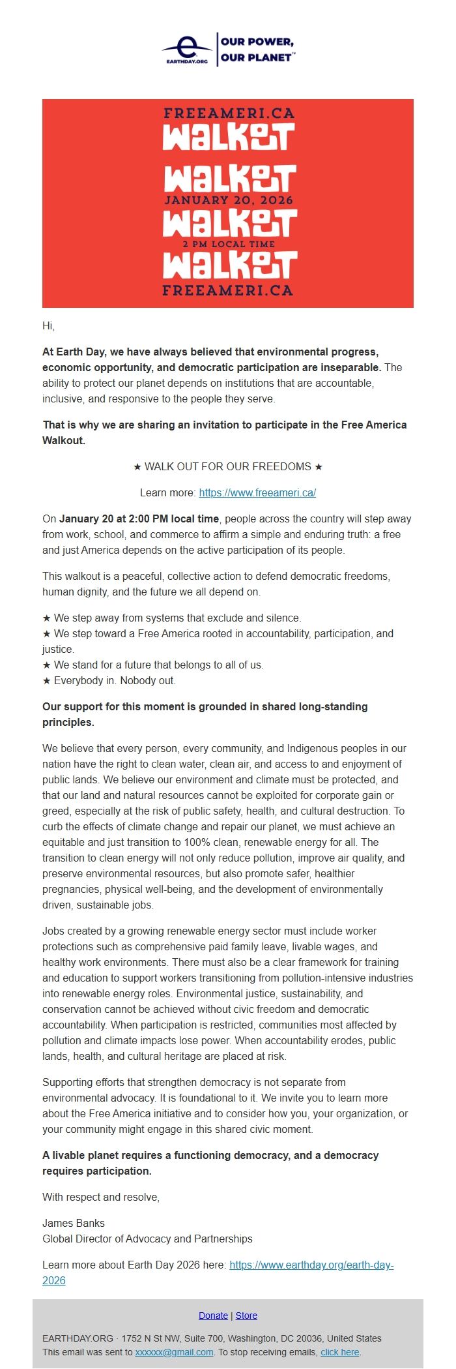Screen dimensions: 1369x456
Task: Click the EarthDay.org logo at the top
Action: [187, 49]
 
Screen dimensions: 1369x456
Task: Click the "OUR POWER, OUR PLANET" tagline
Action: [257, 50]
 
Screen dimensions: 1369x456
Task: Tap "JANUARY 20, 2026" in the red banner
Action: [229, 200]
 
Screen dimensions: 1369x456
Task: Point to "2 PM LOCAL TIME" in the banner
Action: [229, 244]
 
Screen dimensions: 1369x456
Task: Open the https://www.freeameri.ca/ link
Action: [257, 493]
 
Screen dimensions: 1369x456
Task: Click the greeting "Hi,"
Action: [49, 326]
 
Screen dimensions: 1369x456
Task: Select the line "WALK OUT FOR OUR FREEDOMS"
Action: [228, 467]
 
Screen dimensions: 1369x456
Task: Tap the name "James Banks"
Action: [74, 1224]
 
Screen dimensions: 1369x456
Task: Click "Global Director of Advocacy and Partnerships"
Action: [147, 1239]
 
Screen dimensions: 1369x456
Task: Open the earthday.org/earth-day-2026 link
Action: [311, 1265]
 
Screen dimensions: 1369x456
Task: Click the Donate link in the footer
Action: [213, 1316]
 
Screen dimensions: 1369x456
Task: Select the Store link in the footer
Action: [246, 1316]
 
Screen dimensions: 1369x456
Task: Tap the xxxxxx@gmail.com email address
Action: [174, 1353]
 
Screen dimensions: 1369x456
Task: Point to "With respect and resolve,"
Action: [101, 1197]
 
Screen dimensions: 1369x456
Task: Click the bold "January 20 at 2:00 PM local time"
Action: [139, 519]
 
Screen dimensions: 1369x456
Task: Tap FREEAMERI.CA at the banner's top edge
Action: [229, 113]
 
